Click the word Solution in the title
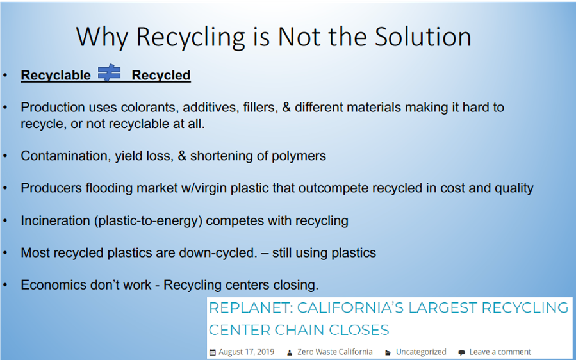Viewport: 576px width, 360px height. (x=423, y=37)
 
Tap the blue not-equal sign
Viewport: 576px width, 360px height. (x=109, y=73)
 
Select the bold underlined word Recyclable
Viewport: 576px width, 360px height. (x=56, y=76)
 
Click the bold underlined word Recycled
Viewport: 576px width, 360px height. (x=161, y=76)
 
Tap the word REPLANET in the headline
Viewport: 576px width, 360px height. (x=251, y=308)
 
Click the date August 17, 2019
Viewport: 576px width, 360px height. (x=246, y=352)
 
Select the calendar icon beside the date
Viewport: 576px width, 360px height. (x=212, y=352)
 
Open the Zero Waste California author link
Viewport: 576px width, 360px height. (x=334, y=352)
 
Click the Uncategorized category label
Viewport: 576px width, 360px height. (x=421, y=352)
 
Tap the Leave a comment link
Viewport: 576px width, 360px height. (x=500, y=352)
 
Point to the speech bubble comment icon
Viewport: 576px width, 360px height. (x=461, y=353)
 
